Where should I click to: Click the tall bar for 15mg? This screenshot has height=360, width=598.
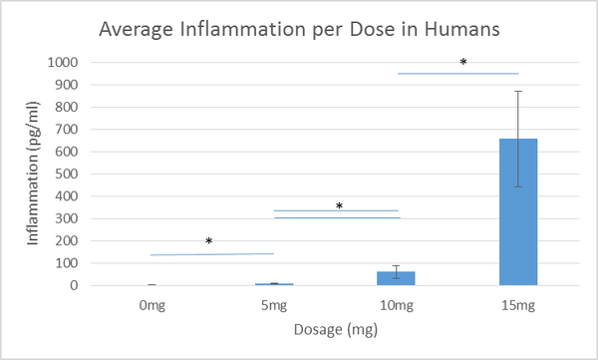point(517,211)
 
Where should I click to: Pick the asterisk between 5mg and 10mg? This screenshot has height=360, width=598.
point(339,207)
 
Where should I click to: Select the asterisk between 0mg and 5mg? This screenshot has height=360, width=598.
point(209,242)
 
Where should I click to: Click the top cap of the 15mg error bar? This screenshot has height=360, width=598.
point(517,91)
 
